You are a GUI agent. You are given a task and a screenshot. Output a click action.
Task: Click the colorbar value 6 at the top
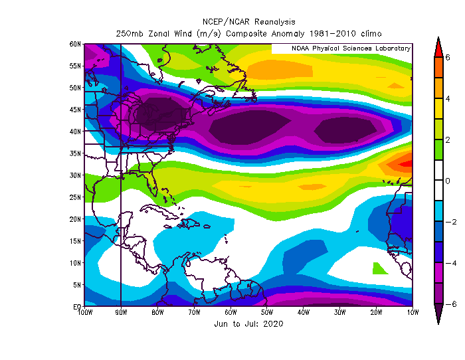tap(448, 57)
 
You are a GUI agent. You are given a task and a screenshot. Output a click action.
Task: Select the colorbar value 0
tap(448, 181)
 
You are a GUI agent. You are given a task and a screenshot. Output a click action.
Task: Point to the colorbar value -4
tap(448, 263)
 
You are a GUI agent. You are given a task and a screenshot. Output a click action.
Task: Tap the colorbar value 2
tap(448, 139)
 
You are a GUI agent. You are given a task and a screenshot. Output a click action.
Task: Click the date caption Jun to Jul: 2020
tap(249, 324)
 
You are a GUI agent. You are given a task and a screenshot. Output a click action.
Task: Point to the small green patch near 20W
tap(379, 268)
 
